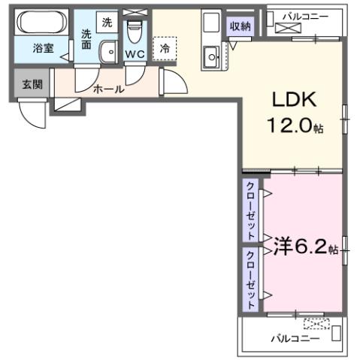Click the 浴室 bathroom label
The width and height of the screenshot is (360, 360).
point(42,47)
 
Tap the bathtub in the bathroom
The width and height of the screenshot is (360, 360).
point(42,23)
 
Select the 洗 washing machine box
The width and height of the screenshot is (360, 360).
point(107,23)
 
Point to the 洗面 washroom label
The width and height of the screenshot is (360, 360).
point(88,39)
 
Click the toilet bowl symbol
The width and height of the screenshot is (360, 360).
point(136,32)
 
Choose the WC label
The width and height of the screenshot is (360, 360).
point(135,54)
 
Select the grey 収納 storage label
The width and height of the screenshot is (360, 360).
point(241,26)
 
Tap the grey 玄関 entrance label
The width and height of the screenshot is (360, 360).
point(32,83)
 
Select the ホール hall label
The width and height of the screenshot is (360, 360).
point(108,89)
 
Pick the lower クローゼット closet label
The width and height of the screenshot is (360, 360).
point(250,274)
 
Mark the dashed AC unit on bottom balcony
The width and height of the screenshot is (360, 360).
point(316,325)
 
